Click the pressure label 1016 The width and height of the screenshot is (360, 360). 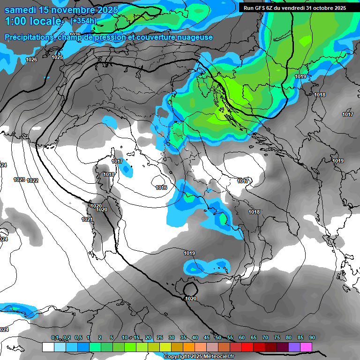(x=161, y=187)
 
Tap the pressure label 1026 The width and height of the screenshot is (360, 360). (x=31, y=60)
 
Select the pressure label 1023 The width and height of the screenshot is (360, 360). (x=19, y=180)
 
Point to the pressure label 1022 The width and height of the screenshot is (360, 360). (x=33, y=180)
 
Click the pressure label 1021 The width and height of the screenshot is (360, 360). (x=87, y=219)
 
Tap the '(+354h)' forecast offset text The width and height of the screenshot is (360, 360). (x=83, y=21)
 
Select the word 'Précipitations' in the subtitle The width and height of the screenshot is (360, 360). (x=28, y=37)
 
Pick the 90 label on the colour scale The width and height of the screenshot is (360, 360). (x=312, y=338)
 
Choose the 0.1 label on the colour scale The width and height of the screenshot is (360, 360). (x=54, y=338)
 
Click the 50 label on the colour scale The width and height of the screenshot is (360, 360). (x=218, y=338)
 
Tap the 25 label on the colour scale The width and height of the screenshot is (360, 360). (x=160, y=338)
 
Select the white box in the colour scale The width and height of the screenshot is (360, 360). (x=48, y=347)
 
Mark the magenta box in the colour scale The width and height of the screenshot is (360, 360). (x=306, y=347)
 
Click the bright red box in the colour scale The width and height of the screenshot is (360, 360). (x=247, y=347)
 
